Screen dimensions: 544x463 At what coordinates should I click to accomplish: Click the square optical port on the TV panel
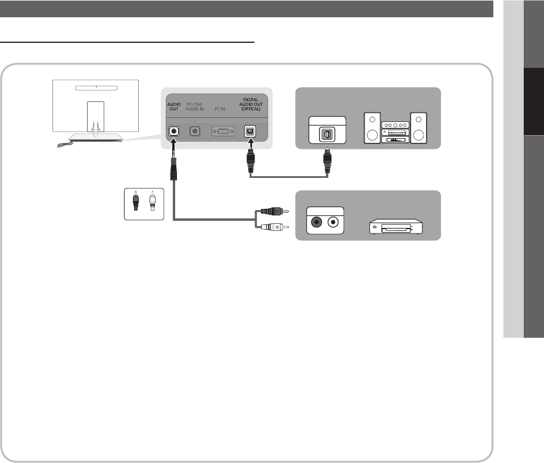pyautogui.click(x=250, y=132)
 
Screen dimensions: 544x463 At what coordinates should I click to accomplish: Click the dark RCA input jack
pyautogui.click(x=316, y=223)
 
